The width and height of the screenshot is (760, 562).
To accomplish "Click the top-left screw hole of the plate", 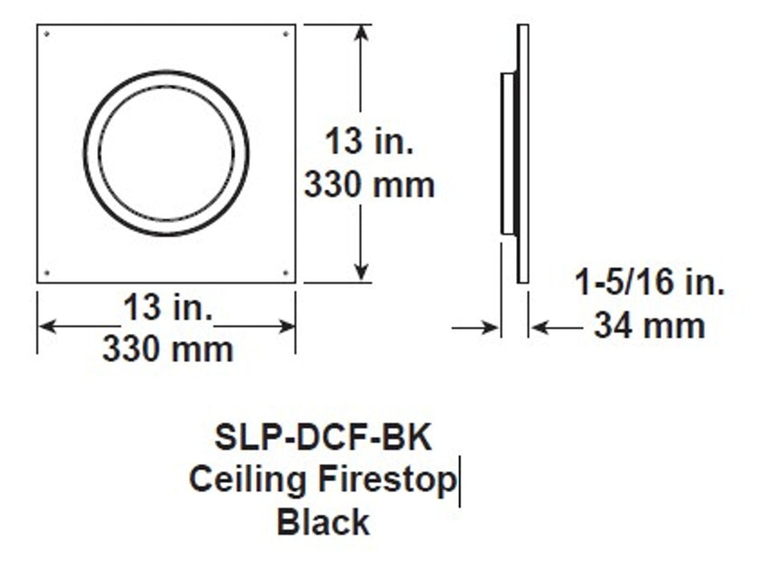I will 47,35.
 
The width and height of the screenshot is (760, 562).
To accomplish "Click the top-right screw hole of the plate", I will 287,35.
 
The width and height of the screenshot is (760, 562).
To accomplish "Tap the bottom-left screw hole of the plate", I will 47,273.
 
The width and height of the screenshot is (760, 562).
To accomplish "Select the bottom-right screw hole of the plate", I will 287,273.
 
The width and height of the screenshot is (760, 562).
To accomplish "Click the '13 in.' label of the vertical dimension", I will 369,145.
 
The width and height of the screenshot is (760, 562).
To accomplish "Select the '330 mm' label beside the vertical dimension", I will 369,185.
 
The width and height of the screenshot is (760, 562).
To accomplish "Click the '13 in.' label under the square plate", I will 168,308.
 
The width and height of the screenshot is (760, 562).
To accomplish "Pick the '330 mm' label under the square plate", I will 168,348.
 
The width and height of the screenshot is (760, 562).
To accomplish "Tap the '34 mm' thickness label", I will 650,326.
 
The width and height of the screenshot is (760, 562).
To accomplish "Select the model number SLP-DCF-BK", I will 323,438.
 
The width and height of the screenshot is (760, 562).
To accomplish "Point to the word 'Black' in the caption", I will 323,522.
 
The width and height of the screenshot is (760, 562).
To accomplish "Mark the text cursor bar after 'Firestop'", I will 460,482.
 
